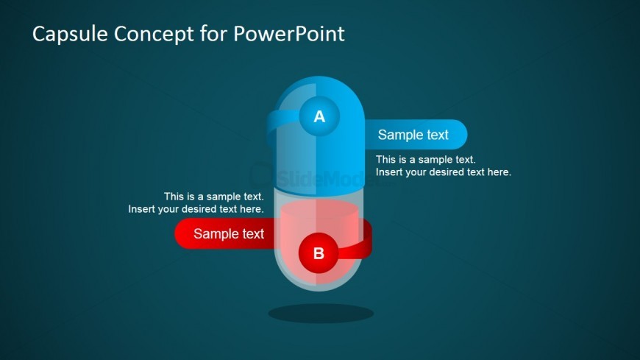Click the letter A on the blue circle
click(x=319, y=117)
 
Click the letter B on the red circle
click(x=319, y=253)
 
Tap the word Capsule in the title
click(x=70, y=34)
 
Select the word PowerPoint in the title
click(x=289, y=34)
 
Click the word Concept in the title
click(x=154, y=35)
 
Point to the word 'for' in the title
click(x=213, y=34)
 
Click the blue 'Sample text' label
click(x=413, y=135)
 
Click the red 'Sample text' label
click(x=229, y=233)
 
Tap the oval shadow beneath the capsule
click(x=321, y=314)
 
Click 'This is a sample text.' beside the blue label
click(x=426, y=159)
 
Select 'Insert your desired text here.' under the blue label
click(x=444, y=172)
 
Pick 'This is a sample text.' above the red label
click(x=214, y=197)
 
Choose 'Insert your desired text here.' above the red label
click(x=196, y=209)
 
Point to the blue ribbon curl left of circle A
click(x=273, y=127)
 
